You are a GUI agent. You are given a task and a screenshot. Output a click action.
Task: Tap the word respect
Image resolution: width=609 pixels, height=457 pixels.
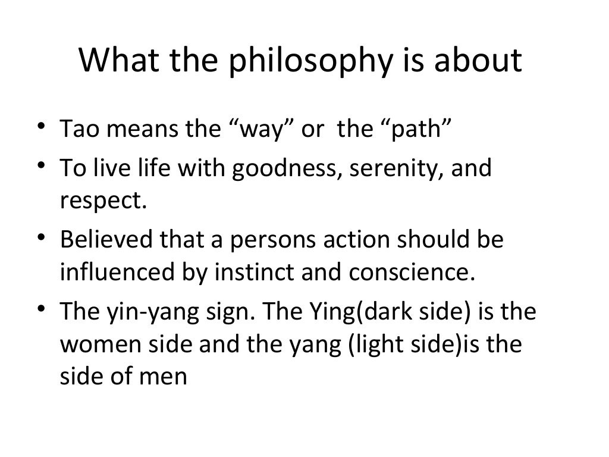coord(102,201)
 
